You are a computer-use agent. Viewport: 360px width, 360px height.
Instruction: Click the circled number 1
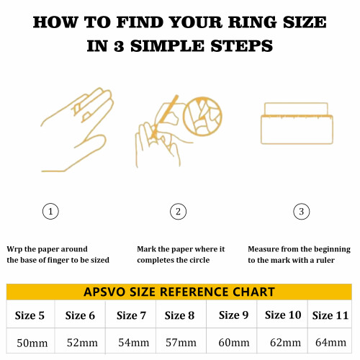pyautogui.click(x=50, y=212)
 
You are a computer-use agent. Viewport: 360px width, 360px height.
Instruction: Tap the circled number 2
pyautogui.click(x=178, y=212)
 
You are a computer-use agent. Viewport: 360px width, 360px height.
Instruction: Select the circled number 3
pyautogui.click(x=302, y=212)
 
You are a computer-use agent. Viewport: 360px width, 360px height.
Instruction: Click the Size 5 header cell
pyautogui.click(x=30, y=315)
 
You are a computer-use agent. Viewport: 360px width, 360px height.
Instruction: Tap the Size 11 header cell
pyautogui.click(x=330, y=315)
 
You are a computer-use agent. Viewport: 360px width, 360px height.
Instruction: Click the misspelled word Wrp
pyautogui.click(x=14, y=249)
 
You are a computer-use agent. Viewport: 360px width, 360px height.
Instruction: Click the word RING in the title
pyautogui.click(x=252, y=22)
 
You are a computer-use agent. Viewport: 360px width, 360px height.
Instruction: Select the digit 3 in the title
pyautogui.click(x=119, y=46)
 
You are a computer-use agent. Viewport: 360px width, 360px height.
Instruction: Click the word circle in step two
pyautogui.click(x=200, y=260)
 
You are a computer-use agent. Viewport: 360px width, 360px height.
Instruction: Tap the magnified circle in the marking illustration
pyautogui.click(x=202, y=116)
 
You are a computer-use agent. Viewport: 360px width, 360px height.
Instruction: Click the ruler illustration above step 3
pyautogui.click(x=297, y=123)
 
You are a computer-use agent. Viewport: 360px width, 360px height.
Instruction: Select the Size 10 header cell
pyautogui.click(x=282, y=315)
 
